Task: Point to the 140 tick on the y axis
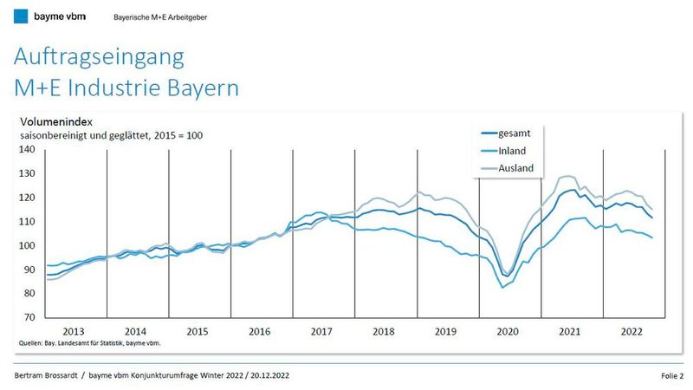tap(26, 149)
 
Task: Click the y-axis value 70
tap(29, 318)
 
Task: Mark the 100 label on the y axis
tap(26, 246)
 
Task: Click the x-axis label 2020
tap(508, 331)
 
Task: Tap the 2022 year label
tap(631, 331)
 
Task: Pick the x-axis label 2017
tap(322, 331)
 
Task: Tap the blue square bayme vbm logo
tap(20, 16)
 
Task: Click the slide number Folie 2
tap(669, 375)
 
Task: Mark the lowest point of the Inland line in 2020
tap(503, 287)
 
